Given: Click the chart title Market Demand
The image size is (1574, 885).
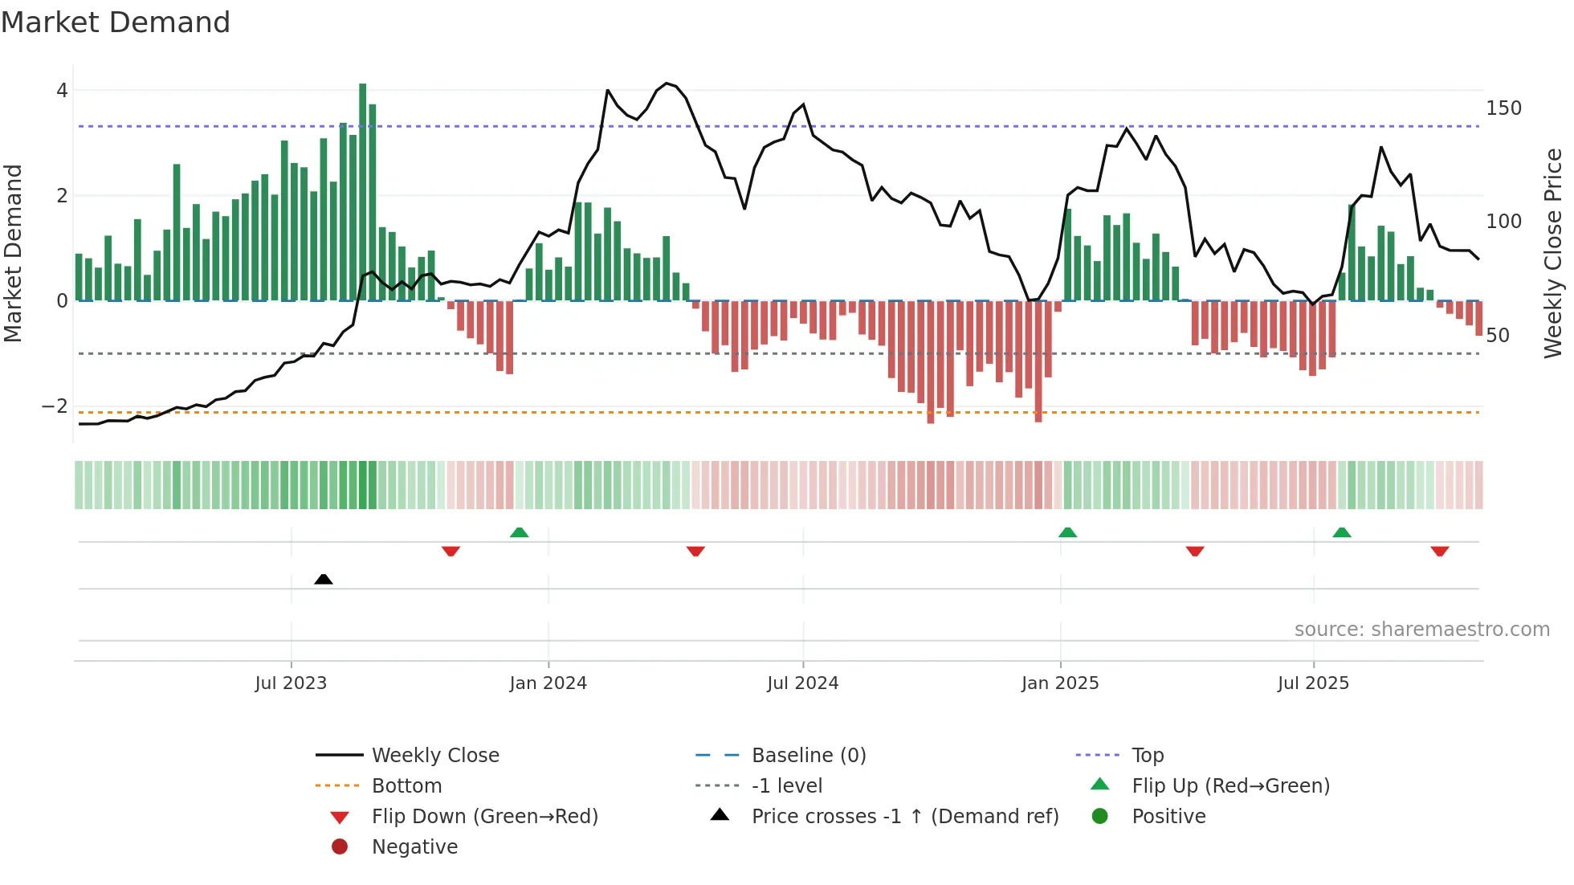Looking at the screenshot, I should [116, 22].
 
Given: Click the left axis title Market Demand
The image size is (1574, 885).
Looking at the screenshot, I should [13, 253].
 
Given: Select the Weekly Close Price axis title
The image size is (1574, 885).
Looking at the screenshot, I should [1553, 253].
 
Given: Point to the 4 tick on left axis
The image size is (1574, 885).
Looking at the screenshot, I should [62, 91].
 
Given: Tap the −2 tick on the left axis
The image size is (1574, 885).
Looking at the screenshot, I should [55, 406].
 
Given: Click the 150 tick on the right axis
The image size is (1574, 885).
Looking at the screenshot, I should [1503, 108].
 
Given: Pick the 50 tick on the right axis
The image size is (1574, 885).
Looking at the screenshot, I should [1498, 336].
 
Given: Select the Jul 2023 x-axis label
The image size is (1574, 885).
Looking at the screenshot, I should [291, 683].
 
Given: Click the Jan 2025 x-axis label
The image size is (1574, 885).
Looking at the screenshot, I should [1060, 683].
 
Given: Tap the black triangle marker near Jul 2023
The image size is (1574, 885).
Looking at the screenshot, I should [324, 579].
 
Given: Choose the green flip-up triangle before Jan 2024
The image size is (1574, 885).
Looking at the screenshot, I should [520, 532].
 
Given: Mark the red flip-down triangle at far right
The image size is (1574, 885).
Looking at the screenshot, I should [1439, 551].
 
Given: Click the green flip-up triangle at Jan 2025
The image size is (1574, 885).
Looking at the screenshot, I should [1067, 532].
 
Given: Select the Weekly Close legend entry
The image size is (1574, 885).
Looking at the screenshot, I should [435, 756].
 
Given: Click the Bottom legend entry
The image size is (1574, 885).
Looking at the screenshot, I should [406, 786].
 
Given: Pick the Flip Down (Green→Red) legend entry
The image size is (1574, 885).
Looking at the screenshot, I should [484, 817].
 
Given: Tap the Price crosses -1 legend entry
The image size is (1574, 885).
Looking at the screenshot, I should [904, 817].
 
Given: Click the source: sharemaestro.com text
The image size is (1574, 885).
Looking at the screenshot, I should [1421, 630].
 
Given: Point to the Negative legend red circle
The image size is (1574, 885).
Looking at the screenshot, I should [340, 847].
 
